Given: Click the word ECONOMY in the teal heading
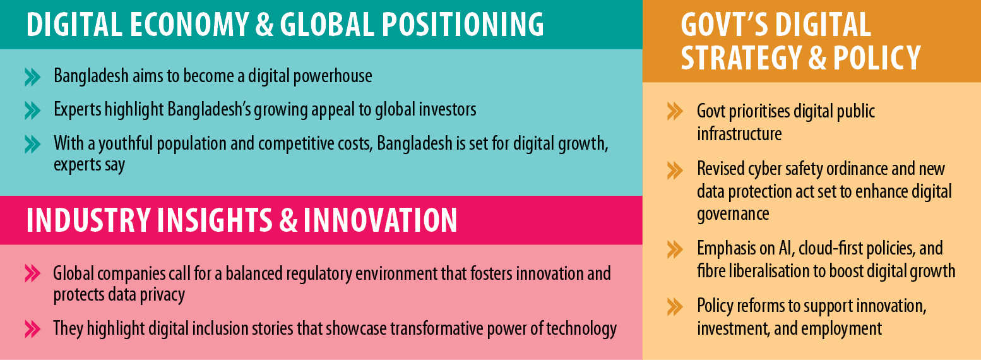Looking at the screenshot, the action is click(189, 24).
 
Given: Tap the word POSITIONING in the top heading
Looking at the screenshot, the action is click(463, 24).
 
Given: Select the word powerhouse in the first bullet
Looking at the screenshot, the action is click(333, 76).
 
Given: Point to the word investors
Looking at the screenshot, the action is click(447, 109).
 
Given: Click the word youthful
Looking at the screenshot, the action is click(126, 143).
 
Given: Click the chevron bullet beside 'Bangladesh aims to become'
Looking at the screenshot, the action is click(32, 77).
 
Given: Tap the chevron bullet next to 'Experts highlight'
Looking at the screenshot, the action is click(32, 111).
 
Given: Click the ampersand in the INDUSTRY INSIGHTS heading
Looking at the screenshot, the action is click(288, 220).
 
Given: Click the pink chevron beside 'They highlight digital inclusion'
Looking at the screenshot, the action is click(32, 329).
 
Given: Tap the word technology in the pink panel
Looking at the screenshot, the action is click(580, 329).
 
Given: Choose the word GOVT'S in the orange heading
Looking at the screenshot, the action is click(724, 25).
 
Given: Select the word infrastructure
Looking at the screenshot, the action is click(739, 134).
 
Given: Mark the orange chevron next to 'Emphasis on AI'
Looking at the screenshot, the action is click(675, 249).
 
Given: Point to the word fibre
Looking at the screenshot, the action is click(711, 271).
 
